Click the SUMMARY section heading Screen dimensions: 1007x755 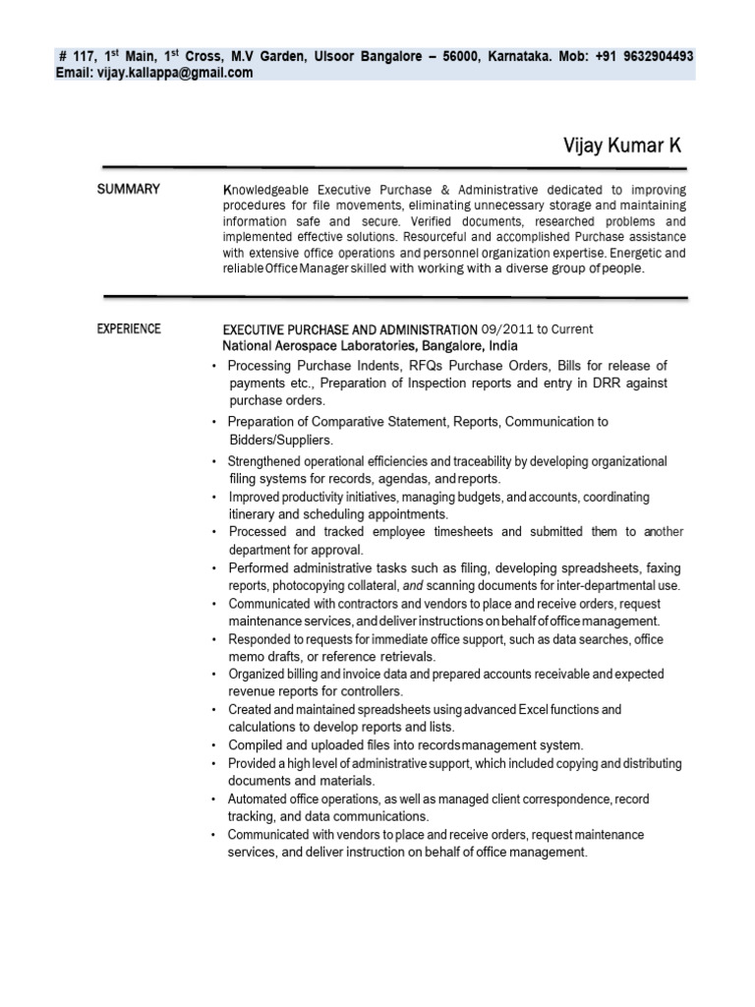(x=128, y=189)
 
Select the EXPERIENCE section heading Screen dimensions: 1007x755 (x=129, y=328)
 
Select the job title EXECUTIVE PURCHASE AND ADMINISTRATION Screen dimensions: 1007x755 (x=350, y=328)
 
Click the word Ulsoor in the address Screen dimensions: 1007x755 (x=334, y=57)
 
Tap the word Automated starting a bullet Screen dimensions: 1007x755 (x=260, y=799)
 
